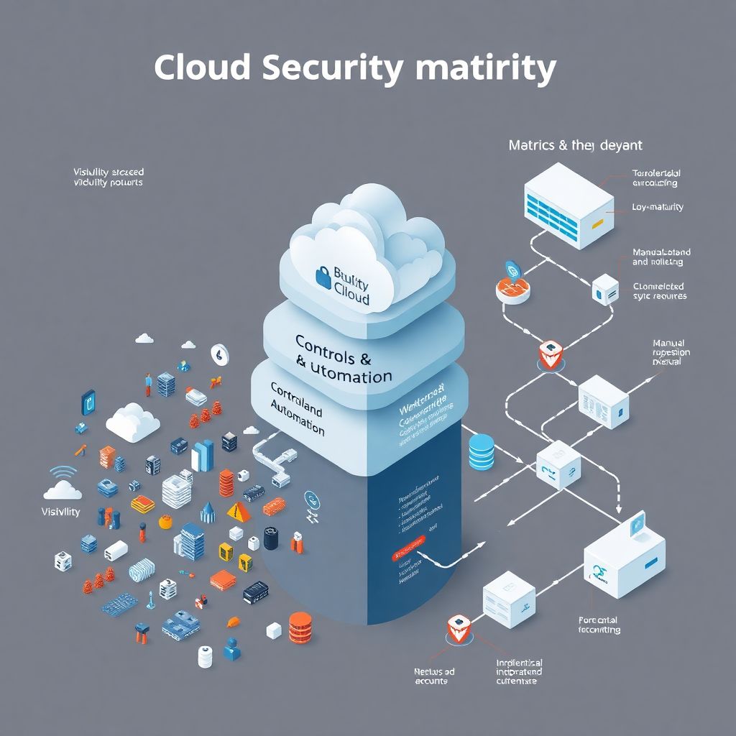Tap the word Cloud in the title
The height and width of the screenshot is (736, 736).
tap(202, 68)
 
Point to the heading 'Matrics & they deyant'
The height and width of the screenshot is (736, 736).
tap(575, 145)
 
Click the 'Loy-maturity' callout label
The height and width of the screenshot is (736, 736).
tap(657, 207)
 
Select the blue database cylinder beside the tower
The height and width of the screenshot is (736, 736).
tap(482, 451)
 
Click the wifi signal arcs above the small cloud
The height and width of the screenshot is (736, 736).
tap(64, 473)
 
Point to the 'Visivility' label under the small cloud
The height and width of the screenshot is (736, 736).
tap(61, 512)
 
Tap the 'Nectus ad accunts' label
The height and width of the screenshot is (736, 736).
tap(434, 676)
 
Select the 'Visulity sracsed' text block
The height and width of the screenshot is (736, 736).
tap(108, 177)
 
